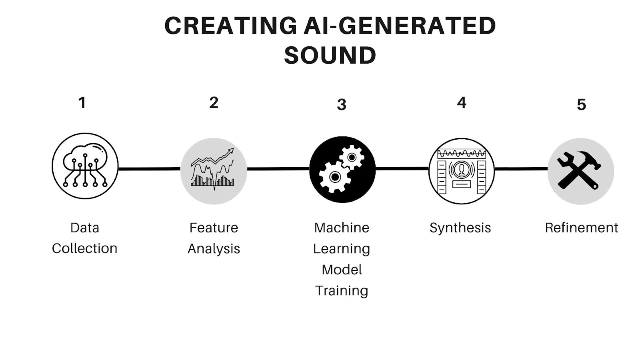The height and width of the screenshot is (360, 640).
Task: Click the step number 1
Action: pos(82,103)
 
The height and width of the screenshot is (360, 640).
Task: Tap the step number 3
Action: pos(341,105)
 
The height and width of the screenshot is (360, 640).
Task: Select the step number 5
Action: pos(581,105)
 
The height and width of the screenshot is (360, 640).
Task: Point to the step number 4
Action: pos(462,103)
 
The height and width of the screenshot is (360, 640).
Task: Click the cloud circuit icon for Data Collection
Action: pos(85,166)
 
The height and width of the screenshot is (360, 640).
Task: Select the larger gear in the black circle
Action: pos(334,177)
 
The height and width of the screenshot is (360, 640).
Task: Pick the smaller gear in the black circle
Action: pos(352,157)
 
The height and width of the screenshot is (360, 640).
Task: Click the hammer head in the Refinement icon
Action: pos(588,159)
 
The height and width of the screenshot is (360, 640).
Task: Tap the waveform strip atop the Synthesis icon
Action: pos(462,153)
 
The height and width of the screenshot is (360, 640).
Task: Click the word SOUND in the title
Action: pos(330,55)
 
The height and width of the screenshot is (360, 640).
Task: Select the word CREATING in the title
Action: pos(230,26)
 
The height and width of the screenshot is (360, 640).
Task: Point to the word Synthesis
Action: pos(460,228)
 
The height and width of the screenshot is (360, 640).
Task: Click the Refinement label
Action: pos(581,228)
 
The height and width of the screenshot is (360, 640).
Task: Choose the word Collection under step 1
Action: pos(84,248)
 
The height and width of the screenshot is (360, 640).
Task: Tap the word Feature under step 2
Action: pos(214,228)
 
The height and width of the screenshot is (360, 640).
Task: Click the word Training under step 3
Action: pos(341,291)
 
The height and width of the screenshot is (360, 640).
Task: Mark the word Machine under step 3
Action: pos(341,228)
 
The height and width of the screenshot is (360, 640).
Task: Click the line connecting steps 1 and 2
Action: pos(149,169)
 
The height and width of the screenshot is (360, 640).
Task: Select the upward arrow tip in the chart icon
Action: pos(231,150)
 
